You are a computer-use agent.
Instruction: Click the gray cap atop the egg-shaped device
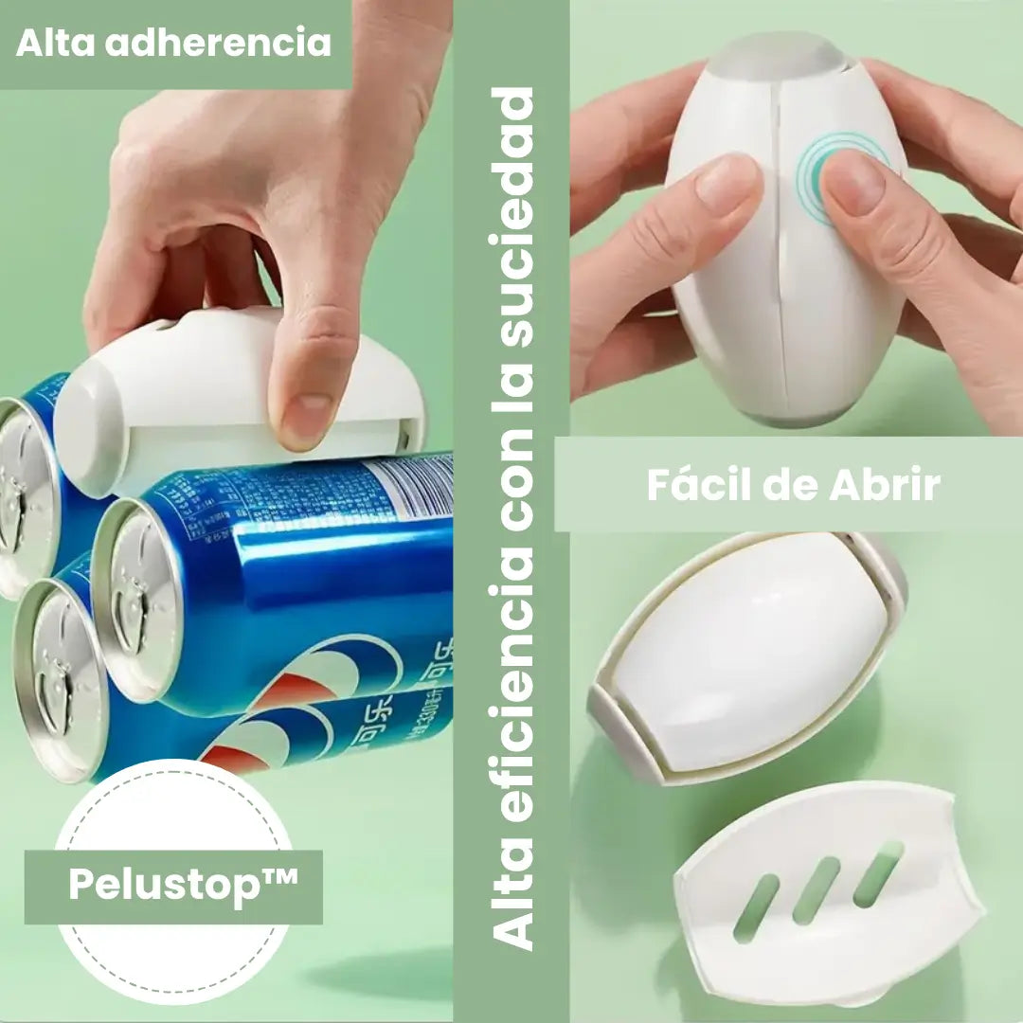click(x=777, y=57)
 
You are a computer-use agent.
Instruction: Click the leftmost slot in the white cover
click(x=756, y=907)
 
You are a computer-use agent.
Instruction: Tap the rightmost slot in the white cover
click(x=877, y=872)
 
